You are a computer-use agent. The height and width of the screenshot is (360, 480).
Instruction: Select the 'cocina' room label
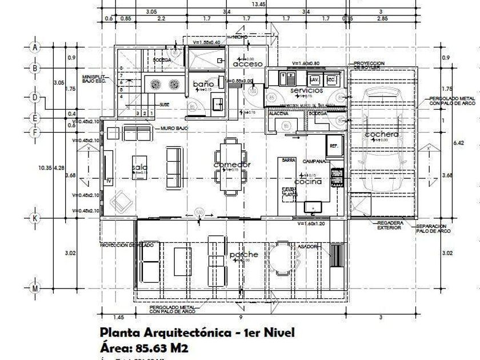pos(308,181)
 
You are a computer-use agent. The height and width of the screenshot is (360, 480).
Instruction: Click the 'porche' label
pos(244,254)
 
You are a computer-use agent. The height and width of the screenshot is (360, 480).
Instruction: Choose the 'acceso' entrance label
pos(248,64)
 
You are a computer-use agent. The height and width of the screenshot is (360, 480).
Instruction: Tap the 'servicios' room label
pos(306,90)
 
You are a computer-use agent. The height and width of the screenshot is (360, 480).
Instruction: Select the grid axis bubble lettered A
pos(35,47)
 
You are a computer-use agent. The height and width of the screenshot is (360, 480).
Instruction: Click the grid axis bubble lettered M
pos(35,289)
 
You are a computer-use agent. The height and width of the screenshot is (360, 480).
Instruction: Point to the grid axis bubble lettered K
pos(35,218)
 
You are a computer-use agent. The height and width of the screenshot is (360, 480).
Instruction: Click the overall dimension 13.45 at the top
pos(258,4)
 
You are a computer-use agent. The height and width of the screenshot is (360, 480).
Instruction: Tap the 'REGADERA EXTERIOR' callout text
pos(388,225)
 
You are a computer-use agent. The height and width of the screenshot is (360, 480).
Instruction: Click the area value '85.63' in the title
pos(154,348)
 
